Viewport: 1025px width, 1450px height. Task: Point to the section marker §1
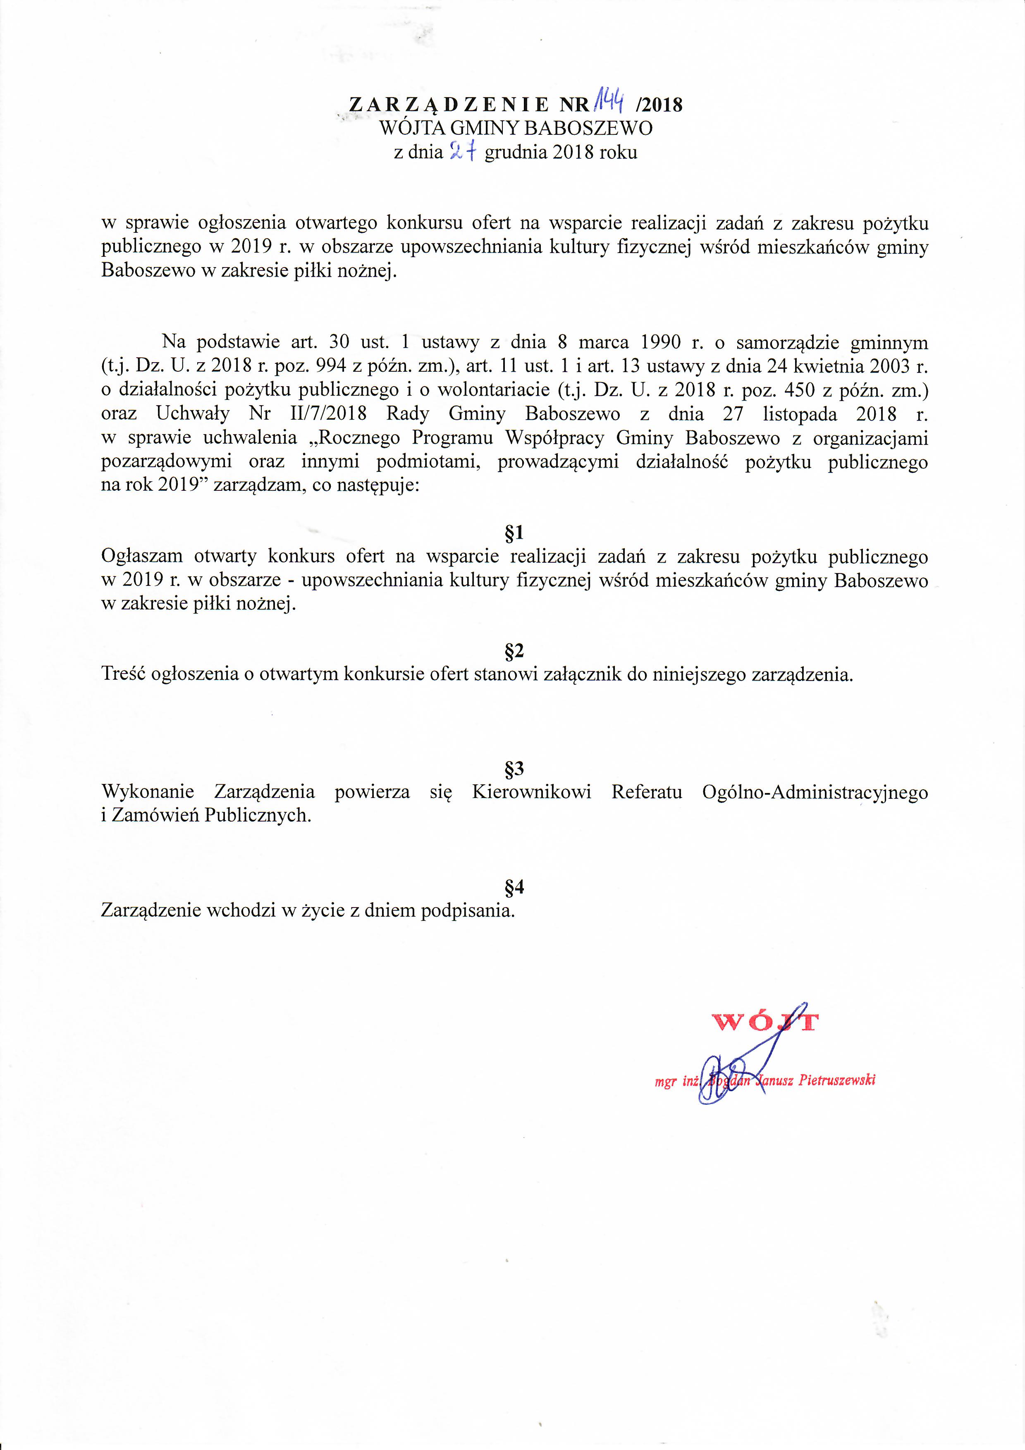pyautogui.click(x=515, y=533)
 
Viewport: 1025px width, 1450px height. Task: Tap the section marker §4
pyautogui.click(x=515, y=887)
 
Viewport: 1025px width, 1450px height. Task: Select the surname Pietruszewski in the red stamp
pyautogui.click(x=837, y=1080)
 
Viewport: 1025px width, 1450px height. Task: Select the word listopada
pyautogui.click(x=800, y=414)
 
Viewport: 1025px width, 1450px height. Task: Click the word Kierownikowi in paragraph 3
pyautogui.click(x=531, y=792)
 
